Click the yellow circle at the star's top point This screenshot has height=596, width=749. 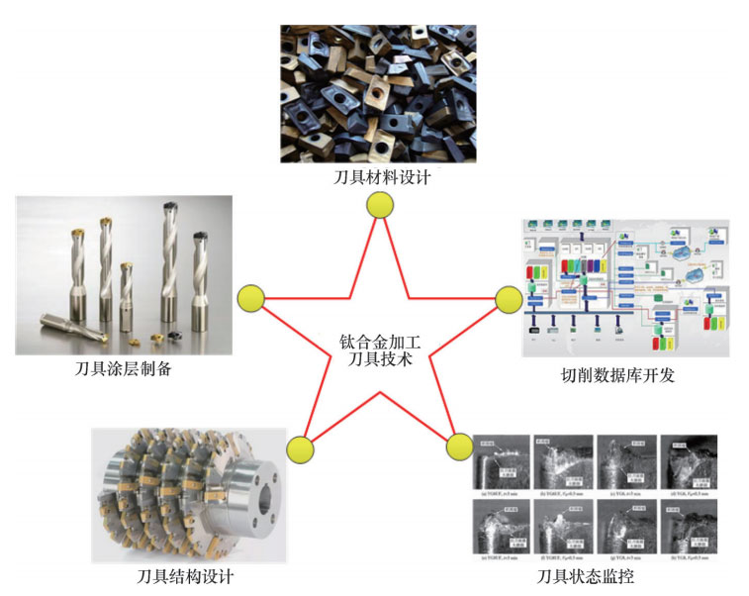379,205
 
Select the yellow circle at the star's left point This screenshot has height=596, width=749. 251,297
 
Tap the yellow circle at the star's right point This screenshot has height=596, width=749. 508,298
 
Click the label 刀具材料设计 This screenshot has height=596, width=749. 379,178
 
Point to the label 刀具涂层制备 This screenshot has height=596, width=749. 123,369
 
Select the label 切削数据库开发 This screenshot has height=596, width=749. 624,374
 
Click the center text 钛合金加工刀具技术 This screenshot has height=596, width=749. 379,351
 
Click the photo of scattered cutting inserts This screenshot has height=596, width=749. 378,94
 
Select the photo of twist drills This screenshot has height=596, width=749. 124,274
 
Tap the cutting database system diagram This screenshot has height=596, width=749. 624,287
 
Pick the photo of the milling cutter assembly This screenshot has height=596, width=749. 185,495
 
